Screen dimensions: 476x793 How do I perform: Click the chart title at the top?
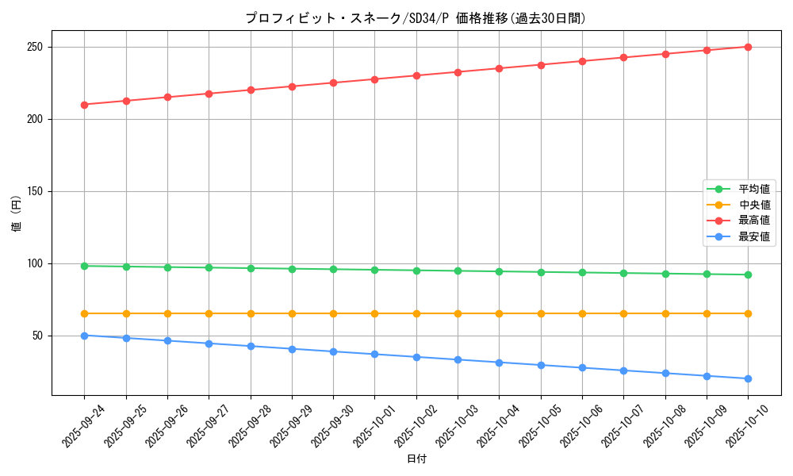click(x=416, y=18)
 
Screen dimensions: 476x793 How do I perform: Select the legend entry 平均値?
click(x=754, y=189)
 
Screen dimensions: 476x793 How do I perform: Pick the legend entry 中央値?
click(x=754, y=205)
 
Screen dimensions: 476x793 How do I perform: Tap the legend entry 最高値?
click(x=754, y=221)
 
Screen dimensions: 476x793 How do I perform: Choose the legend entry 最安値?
click(x=754, y=236)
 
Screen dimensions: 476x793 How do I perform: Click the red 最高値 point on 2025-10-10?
click(x=748, y=47)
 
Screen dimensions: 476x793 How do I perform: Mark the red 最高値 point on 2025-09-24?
click(x=84, y=105)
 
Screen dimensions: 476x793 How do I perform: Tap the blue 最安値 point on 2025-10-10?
click(x=748, y=378)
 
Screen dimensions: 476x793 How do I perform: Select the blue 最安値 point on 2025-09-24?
click(x=84, y=336)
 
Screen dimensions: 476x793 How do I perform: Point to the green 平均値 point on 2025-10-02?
click(x=416, y=271)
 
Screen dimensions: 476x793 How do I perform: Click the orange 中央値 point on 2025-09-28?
click(x=251, y=313)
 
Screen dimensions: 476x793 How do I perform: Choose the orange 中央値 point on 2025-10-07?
click(x=623, y=313)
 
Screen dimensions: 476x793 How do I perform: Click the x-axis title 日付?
click(x=416, y=459)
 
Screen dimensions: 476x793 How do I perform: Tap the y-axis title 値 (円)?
click(x=17, y=213)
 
